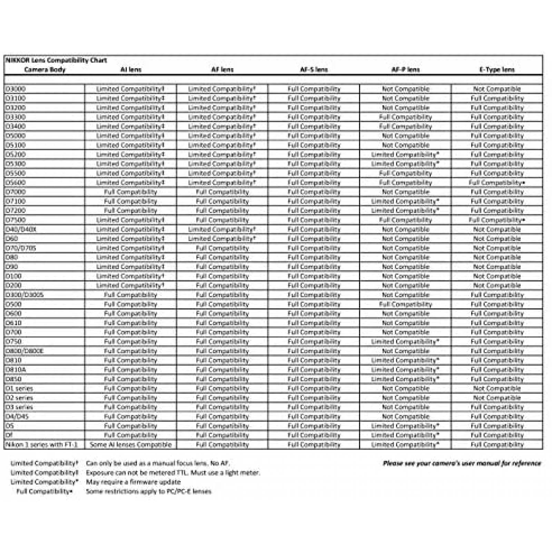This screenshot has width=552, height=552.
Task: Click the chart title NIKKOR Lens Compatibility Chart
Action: tap(56, 60)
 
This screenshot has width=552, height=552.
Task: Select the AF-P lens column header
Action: tap(405, 70)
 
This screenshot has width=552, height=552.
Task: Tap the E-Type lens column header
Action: tap(497, 70)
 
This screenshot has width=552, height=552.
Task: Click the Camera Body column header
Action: tap(45, 70)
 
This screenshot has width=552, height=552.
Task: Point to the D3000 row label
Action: tap(16, 89)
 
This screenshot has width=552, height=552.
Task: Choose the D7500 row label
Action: tap(16, 220)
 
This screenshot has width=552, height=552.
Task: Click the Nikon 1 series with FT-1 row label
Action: tap(41, 445)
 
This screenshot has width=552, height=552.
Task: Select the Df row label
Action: tap(9, 435)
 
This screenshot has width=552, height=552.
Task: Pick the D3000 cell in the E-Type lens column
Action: tap(497, 89)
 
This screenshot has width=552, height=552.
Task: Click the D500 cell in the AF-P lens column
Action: tap(405, 304)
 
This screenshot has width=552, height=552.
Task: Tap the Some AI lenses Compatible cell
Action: tap(130, 445)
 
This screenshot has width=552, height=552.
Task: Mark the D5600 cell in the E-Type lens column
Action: tap(497, 183)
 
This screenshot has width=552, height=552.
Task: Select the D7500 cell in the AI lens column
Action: tap(130, 220)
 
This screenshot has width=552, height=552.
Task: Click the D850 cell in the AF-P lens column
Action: tap(405, 379)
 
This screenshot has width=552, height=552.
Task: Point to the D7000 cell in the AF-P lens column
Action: tap(405, 192)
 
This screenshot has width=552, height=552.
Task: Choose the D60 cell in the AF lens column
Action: tap(222, 239)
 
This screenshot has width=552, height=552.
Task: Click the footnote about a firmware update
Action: tap(133, 482)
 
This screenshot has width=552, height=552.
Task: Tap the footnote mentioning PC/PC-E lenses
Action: tap(149, 491)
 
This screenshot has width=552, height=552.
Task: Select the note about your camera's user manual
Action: tap(462, 463)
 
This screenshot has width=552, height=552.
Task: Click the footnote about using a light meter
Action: tap(173, 473)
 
